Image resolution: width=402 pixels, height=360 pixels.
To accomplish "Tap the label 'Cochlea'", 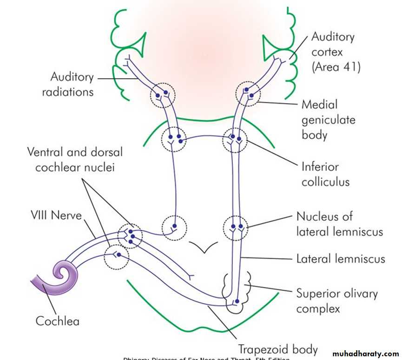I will pos(57,321).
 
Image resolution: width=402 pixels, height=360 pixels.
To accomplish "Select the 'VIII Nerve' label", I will pos(56,215).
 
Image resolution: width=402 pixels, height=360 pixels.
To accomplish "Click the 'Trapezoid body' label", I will pos(278,349).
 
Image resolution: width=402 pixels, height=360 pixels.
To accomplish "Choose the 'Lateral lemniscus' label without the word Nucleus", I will pos(341,259).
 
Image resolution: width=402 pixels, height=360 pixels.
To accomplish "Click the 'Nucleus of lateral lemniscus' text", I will pos(339,224).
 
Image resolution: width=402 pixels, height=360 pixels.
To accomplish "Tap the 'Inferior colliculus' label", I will pos(326,174).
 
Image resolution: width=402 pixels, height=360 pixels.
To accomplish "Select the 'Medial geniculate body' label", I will pos(328,120).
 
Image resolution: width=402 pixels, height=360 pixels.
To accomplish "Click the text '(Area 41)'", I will pos(336,67).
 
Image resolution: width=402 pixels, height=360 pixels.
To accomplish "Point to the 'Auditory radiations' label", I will pos(68,84).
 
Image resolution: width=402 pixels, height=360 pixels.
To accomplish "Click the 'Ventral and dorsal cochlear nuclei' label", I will pos(74,159).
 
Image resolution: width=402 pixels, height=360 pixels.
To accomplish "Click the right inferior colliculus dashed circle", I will pos(235,140).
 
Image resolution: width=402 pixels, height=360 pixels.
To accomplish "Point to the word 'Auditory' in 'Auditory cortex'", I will pos(333,37).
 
